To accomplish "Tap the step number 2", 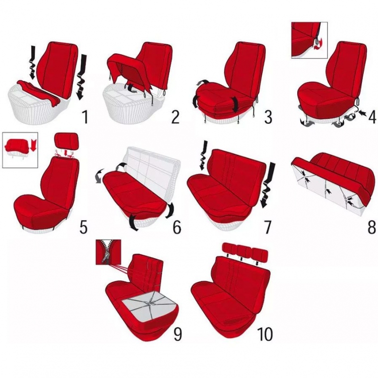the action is click(x=175, y=116).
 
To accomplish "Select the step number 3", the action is click(x=267, y=116).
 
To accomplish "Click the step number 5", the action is click(x=84, y=227).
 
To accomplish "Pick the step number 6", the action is click(x=177, y=227).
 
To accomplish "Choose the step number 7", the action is click(x=267, y=227).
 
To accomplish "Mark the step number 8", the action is click(x=371, y=227).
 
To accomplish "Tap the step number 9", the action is click(x=178, y=334).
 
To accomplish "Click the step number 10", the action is click(x=266, y=334).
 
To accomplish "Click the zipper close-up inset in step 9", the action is click(x=108, y=252).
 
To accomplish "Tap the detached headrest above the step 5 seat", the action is click(x=67, y=141).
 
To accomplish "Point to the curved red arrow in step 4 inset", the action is click(x=318, y=46).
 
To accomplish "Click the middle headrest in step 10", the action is click(x=244, y=252).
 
